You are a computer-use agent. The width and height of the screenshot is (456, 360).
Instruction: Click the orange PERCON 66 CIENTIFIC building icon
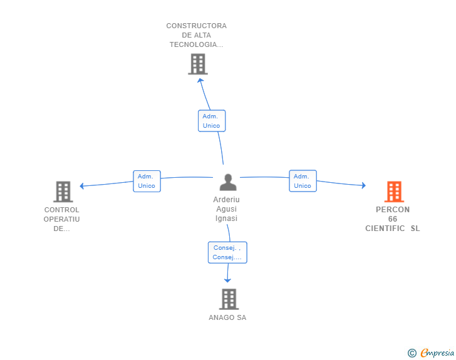pyautogui.click(x=394, y=192)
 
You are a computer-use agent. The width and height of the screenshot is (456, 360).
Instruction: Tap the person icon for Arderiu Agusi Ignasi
pyautogui.click(x=228, y=182)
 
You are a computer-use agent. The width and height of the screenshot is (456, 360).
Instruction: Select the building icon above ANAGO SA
pyautogui.click(x=229, y=299)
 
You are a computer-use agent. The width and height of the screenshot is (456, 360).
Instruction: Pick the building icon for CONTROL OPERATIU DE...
pyautogui.click(x=63, y=192)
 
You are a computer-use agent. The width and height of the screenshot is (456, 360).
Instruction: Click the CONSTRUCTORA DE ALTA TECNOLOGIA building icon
pyautogui.click(x=198, y=64)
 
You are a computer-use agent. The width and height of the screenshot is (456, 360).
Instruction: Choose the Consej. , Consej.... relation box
pyautogui.click(x=227, y=252)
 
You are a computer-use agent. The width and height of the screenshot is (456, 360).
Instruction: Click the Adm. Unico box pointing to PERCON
pyautogui.click(x=303, y=181)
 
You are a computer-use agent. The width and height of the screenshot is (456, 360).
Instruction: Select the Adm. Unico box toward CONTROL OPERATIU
pyautogui.click(x=147, y=181)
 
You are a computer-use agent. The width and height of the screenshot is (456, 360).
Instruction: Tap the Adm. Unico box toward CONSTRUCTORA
pyautogui.click(x=212, y=121)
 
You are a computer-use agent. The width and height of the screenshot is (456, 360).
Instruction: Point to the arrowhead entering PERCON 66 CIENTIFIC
pyautogui.click(x=364, y=185)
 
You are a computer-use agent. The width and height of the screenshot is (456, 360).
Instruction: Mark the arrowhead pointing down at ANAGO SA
pyautogui.click(x=227, y=280)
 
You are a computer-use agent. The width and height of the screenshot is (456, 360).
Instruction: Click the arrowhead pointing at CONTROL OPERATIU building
pyautogui.click(x=81, y=186)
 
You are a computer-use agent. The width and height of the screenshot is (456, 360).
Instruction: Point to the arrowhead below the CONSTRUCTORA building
pyautogui.click(x=200, y=80)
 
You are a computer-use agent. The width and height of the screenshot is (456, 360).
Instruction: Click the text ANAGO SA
pyautogui.click(x=227, y=317)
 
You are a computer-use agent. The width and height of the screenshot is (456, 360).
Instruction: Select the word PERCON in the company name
pyautogui.click(x=393, y=210)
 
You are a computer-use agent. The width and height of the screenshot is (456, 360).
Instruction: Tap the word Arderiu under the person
pyautogui.click(x=226, y=200)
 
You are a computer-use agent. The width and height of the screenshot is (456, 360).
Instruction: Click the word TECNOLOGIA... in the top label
pyautogui.click(x=196, y=44)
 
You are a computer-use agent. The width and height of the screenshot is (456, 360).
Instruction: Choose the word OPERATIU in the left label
pyautogui.click(x=61, y=219)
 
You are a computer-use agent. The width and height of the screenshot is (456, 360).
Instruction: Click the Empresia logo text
pyautogui.click(x=437, y=352)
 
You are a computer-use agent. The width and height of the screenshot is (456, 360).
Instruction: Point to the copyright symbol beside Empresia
pyautogui.click(x=412, y=353)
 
